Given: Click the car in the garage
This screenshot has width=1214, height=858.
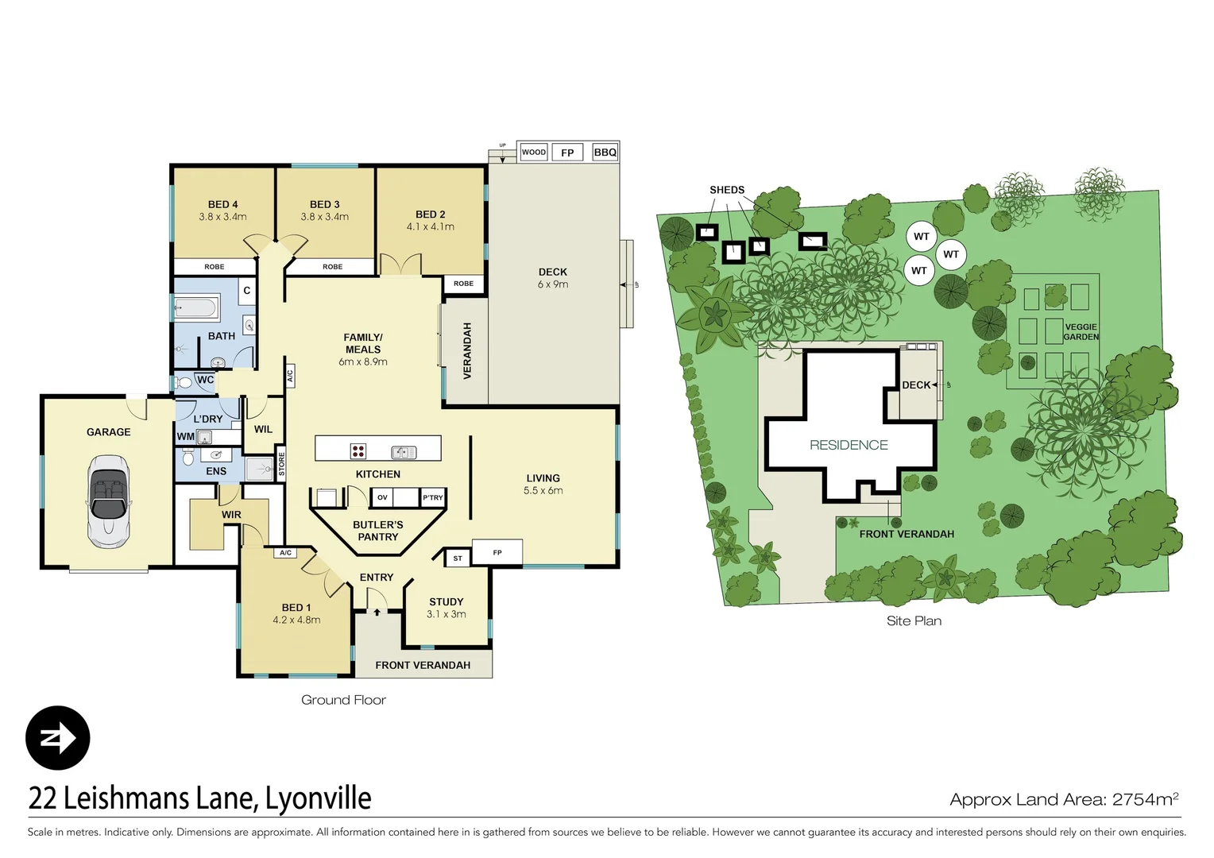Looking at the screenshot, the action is pos(108,501).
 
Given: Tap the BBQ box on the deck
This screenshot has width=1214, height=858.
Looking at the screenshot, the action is pos(605,153).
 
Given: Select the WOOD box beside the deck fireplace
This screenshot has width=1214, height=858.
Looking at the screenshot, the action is pos(534,153).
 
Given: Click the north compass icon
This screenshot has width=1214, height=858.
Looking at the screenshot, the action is pos(58,738).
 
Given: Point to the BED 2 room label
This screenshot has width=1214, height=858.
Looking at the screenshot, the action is pos(430,214).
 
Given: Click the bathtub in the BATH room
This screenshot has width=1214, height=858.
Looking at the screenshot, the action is pos(195,307).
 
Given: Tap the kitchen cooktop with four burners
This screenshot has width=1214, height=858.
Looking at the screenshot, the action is pos(358,451).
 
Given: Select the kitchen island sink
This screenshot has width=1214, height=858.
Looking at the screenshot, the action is pos(404,452).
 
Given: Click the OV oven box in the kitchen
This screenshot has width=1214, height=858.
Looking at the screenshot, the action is pos(382,498).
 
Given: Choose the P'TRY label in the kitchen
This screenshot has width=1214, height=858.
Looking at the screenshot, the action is pos(433,498).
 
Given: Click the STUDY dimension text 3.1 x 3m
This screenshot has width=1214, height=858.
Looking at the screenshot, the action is pos(446,614).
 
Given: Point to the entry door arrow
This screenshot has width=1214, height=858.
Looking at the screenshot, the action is pos(377,613).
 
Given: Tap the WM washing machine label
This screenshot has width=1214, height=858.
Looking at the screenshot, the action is pos(185,437).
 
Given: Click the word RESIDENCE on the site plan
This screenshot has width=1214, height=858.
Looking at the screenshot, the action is pos(849,445).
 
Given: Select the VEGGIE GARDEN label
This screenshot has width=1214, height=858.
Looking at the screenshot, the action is pos(1081,332).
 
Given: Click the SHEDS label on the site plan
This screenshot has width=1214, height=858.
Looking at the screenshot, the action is pos(727,190).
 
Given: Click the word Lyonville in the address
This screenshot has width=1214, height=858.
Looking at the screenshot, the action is pos(318,798).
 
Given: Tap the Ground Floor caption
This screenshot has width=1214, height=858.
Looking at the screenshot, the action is pos(343,700).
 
